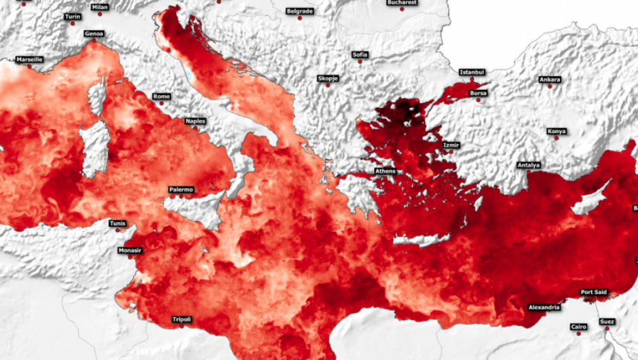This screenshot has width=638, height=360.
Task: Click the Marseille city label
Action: [29, 59]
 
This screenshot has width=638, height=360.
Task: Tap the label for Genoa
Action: [94, 33]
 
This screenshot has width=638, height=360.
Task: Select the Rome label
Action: [162, 96]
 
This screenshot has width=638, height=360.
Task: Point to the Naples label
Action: [195, 121]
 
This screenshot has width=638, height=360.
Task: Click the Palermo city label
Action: [181, 190]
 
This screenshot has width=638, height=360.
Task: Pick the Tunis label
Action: [117, 223]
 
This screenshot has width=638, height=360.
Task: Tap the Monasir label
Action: [130, 250]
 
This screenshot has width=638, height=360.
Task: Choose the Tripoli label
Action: [181, 319]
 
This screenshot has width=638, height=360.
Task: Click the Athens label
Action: [385, 171]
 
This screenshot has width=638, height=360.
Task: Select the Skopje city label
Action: [328, 78]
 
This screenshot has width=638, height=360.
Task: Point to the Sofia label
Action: [360, 54]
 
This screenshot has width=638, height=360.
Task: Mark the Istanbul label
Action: [472, 71]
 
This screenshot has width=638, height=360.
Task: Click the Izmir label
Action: [451, 145]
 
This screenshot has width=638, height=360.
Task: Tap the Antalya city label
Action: [528, 165]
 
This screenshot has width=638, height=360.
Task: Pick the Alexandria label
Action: [544, 307]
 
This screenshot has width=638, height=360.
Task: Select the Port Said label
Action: [593, 292]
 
